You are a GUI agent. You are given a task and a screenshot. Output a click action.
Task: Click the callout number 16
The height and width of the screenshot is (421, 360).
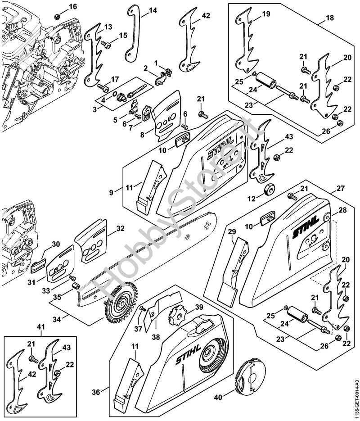tap(73, 6)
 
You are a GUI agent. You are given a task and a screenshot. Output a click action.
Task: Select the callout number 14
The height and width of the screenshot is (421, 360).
tap(153, 10)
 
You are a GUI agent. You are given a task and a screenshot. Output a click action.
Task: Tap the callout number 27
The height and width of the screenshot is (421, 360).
tap(340, 188)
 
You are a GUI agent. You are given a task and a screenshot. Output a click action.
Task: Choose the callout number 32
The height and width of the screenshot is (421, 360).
tap(120, 228)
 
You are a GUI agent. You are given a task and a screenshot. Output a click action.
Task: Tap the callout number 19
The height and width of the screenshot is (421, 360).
tap(266, 14)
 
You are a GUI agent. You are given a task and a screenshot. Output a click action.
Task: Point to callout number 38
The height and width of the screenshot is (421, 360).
tap(155, 336)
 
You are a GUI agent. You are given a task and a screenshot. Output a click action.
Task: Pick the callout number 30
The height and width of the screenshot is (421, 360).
tap(56, 244)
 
